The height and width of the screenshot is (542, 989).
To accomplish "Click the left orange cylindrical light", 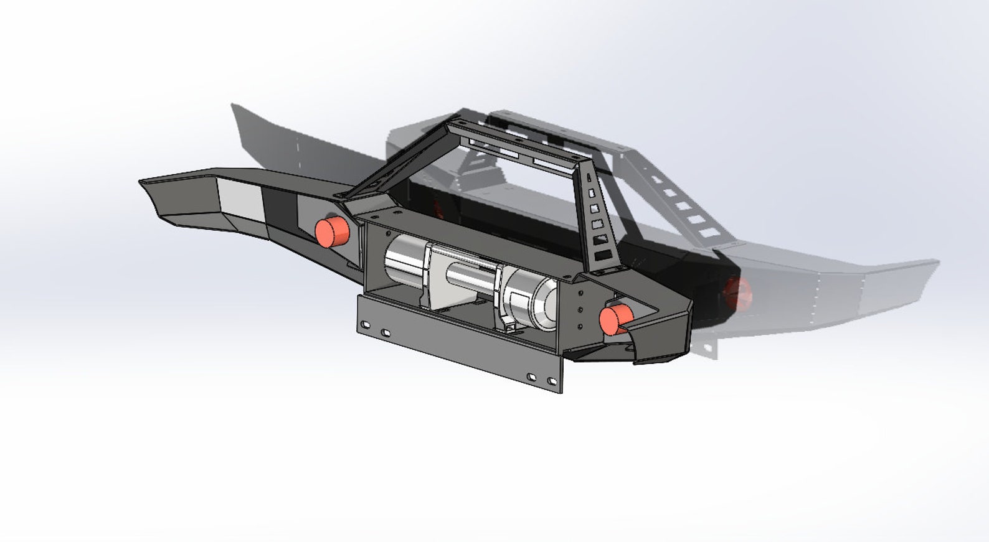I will click(x=331, y=232).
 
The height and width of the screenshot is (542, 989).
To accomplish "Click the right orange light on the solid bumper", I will click(x=614, y=319).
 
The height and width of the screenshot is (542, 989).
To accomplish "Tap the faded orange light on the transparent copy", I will click(x=739, y=292).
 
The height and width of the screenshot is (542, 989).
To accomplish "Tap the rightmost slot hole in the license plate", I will click(x=551, y=381).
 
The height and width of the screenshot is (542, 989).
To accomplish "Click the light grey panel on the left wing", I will click(x=240, y=200).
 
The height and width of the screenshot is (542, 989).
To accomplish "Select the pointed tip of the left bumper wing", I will click(x=142, y=182).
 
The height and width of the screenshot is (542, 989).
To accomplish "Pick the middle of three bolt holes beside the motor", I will click(x=580, y=309).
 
